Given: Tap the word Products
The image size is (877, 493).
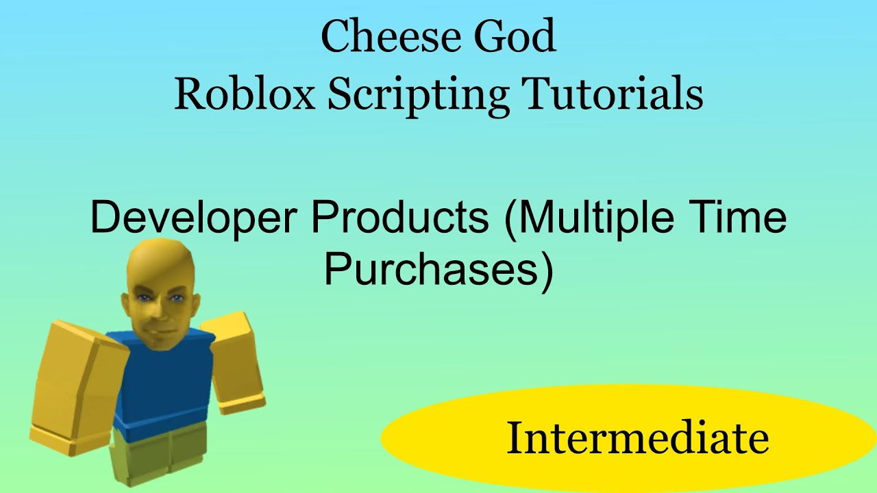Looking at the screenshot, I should [x=400, y=218].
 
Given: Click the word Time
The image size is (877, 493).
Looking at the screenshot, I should [x=743, y=218].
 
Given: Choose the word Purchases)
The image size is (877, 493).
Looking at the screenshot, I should [x=438, y=270].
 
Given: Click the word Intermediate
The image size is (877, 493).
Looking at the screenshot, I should [x=637, y=438].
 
